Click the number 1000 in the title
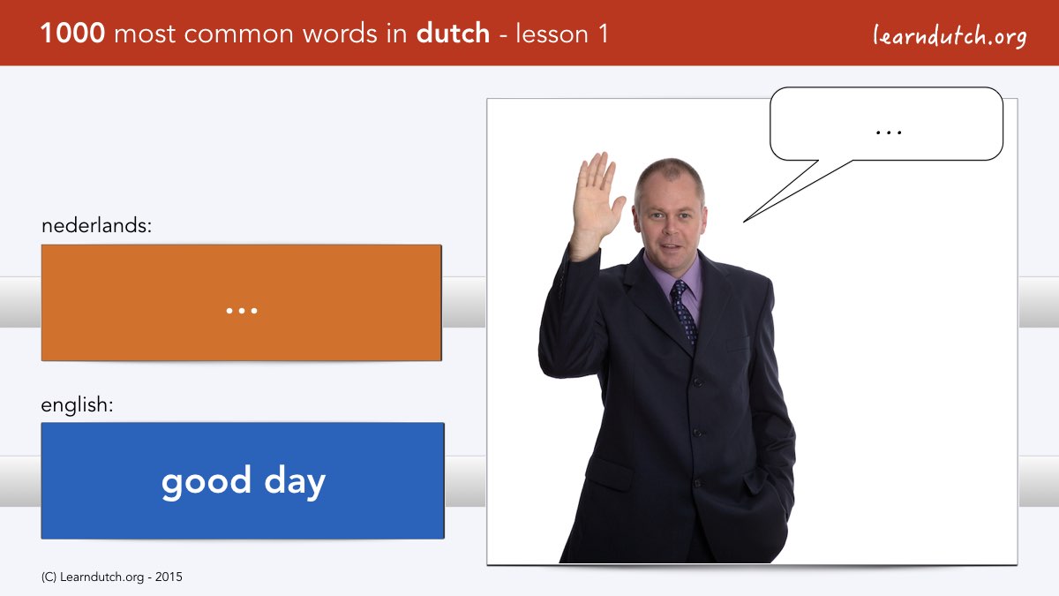pyautogui.click(x=72, y=34)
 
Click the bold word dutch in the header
pyautogui.click(x=453, y=34)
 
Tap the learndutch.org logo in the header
pyautogui.click(x=950, y=36)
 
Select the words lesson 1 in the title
pyautogui.click(x=561, y=34)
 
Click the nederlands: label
pyautogui.click(x=96, y=225)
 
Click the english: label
pyautogui.click(x=77, y=405)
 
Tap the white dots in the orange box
pyautogui.click(x=242, y=311)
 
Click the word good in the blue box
pyautogui.click(x=206, y=482)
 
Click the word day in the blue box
pyautogui.click(x=295, y=482)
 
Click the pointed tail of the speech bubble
pyautogui.click(x=744, y=222)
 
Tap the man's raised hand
pyautogui.click(x=597, y=201)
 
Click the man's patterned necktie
pyautogui.click(x=684, y=311)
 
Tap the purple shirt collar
pyautogui.click(x=672, y=272)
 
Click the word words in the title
pyautogui.click(x=340, y=34)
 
